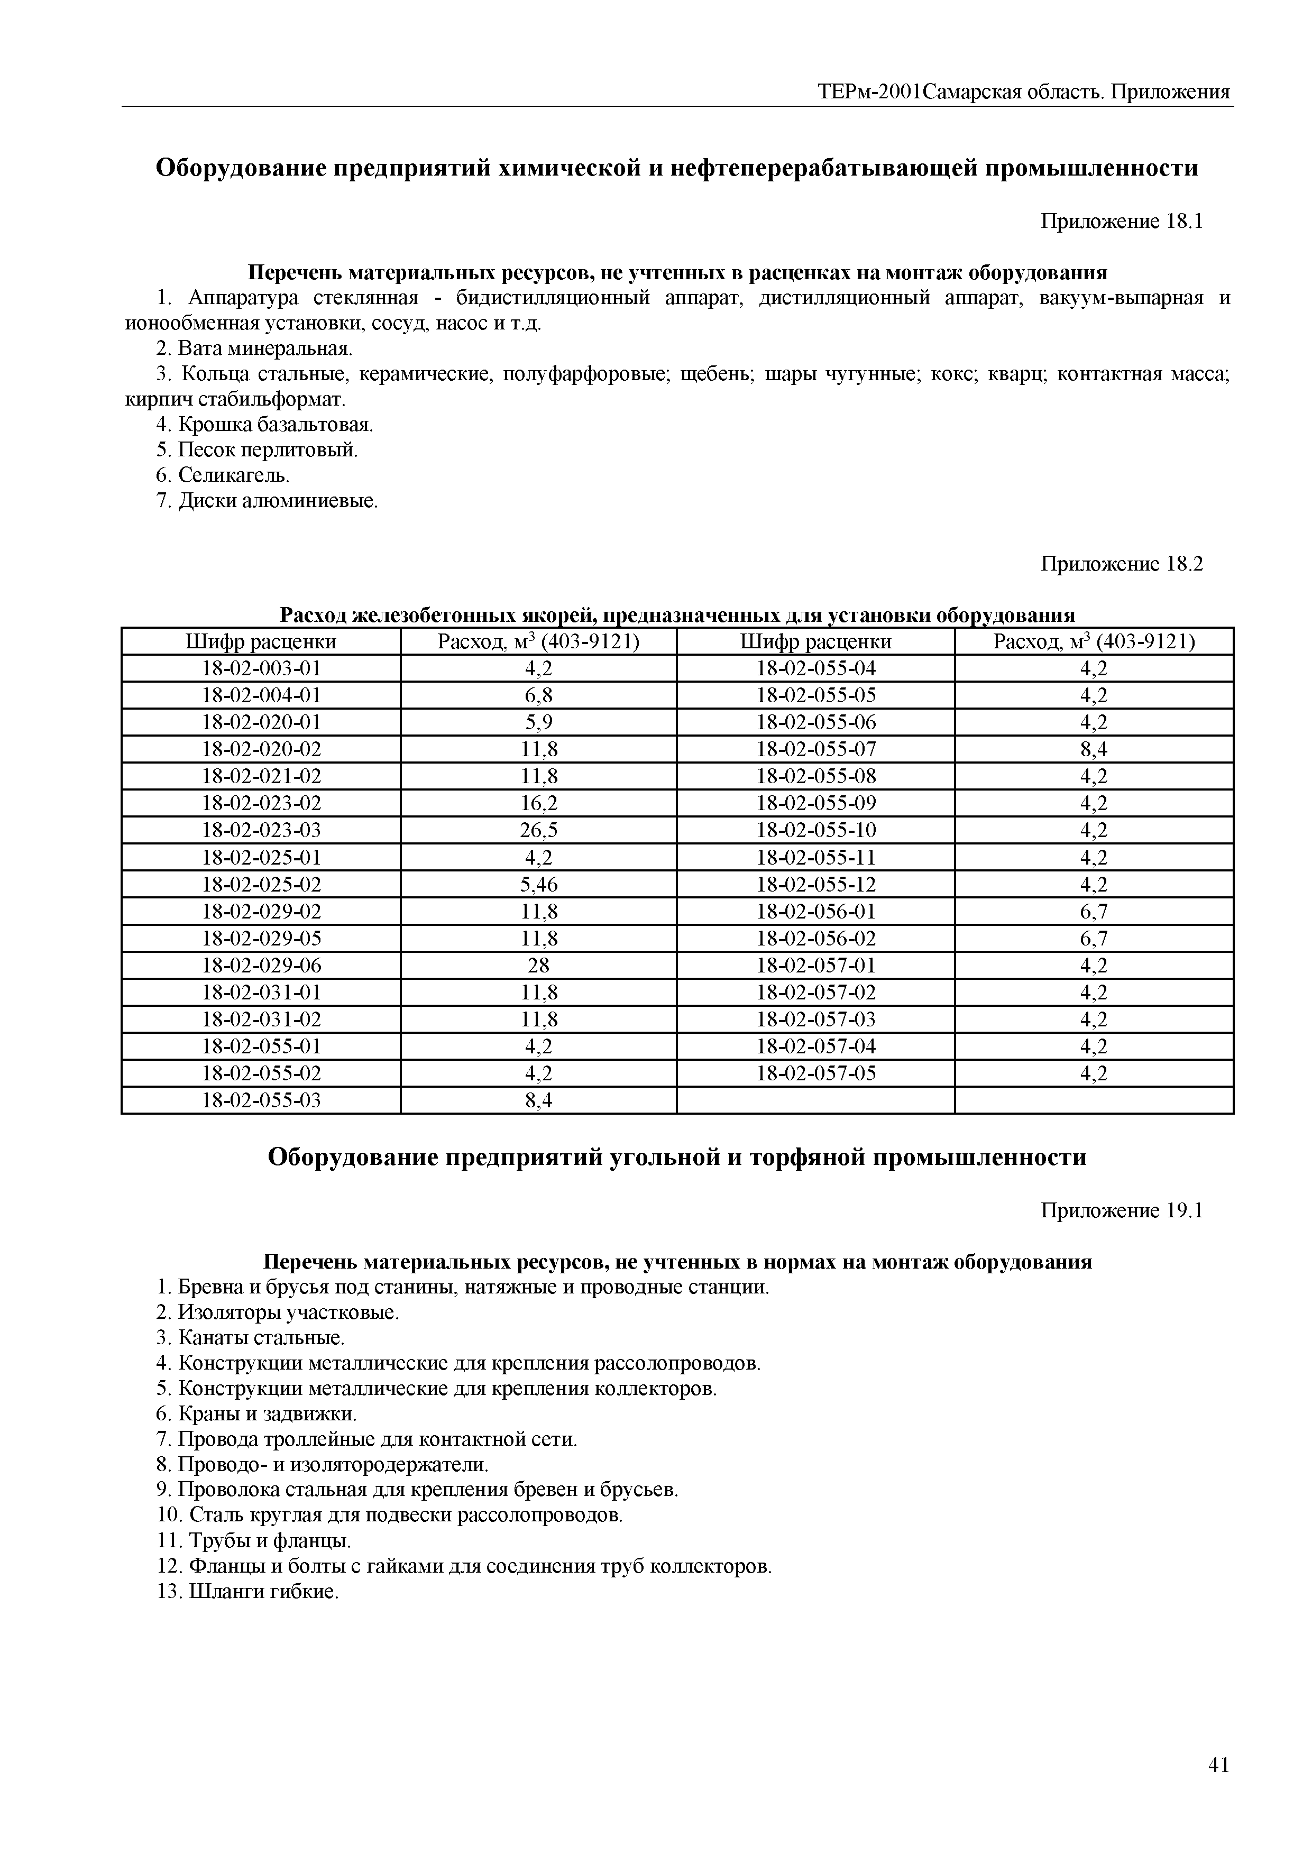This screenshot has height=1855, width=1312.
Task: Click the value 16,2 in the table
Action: click(539, 803)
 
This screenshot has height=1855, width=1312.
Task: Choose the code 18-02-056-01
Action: click(816, 911)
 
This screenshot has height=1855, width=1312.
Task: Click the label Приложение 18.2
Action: click(1121, 564)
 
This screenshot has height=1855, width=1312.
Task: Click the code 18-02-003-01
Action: click(261, 668)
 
